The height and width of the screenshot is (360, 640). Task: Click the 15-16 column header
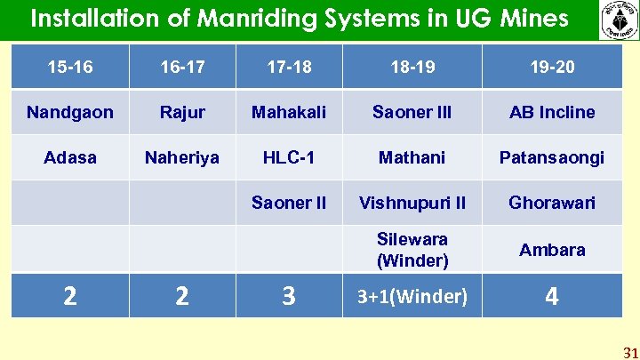tap(70, 66)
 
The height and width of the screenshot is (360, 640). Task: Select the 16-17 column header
tap(182, 66)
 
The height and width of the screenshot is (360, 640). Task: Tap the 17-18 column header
tap(289, 66)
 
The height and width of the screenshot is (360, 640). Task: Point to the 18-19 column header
tap(412, 66)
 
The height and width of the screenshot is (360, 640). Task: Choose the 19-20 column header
tap(552, 66)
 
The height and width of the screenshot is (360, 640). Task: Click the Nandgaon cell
tap(70, 112)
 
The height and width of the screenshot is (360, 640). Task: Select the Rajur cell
tap(182, 112)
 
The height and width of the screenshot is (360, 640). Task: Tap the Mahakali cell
tap(289, 112)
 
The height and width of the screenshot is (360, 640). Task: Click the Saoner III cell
tap(412, 112)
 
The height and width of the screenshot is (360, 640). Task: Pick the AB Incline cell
tap(552, 112)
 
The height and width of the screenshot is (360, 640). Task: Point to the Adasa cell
tap(70, 157)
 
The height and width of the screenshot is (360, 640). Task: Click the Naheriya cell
tap(182, 157)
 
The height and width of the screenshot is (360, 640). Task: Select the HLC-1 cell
tap(289, 157)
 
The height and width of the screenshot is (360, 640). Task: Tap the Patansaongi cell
tap(552, 157)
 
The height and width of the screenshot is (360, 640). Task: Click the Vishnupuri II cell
tap(412, 203)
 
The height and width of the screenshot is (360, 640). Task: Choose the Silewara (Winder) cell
tap(412, 250)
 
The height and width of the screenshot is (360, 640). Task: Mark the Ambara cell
tap(552, 250)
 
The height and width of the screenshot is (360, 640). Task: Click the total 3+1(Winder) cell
tap(412, 296)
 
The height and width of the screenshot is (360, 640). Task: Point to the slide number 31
tap(630, 352)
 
